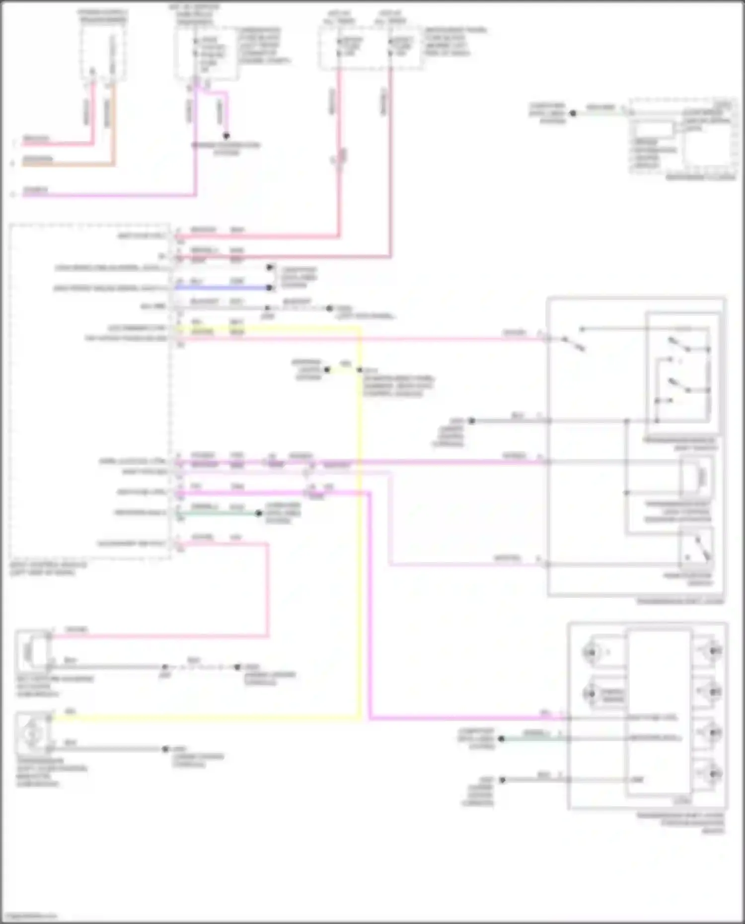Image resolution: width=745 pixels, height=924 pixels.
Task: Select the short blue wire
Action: point(223,287)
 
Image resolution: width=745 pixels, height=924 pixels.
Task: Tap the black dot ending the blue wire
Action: point(269,287)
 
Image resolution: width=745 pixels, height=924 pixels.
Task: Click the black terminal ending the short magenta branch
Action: point(226,136)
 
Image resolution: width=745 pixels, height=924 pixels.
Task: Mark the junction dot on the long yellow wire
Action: point(360,370)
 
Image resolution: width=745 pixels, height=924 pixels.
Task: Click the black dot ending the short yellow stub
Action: point(327,370)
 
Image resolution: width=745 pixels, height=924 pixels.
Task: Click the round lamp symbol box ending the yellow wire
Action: point(33,733)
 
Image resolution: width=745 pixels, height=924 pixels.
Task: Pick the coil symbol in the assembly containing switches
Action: point(698,477)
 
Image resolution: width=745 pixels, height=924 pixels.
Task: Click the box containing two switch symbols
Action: point(683,367)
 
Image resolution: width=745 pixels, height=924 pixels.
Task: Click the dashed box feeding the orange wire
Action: point(103,52)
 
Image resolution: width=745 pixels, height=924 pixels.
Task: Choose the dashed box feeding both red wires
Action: point(370,47)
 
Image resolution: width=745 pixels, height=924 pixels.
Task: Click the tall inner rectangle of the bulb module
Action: point(658,712)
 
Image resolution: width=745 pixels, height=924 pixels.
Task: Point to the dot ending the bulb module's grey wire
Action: point(502,780)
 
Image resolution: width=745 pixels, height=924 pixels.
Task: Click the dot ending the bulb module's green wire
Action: point(501,739)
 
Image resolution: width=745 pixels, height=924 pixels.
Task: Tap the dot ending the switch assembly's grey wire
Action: point(472,421)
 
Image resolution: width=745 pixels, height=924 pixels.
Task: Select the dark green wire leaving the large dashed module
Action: point(219,513)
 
